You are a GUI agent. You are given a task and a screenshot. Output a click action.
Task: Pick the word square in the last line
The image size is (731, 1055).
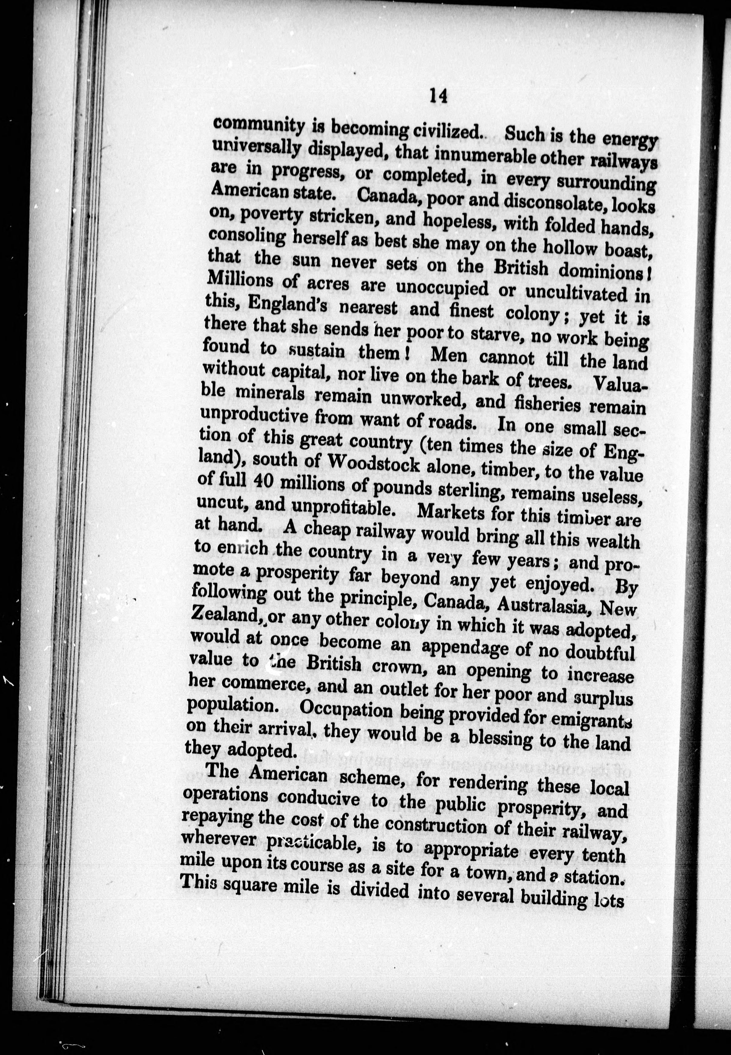[250, 886]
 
